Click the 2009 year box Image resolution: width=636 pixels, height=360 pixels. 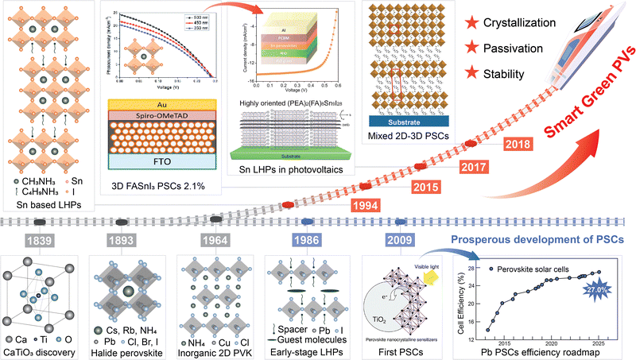point(397,239)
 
